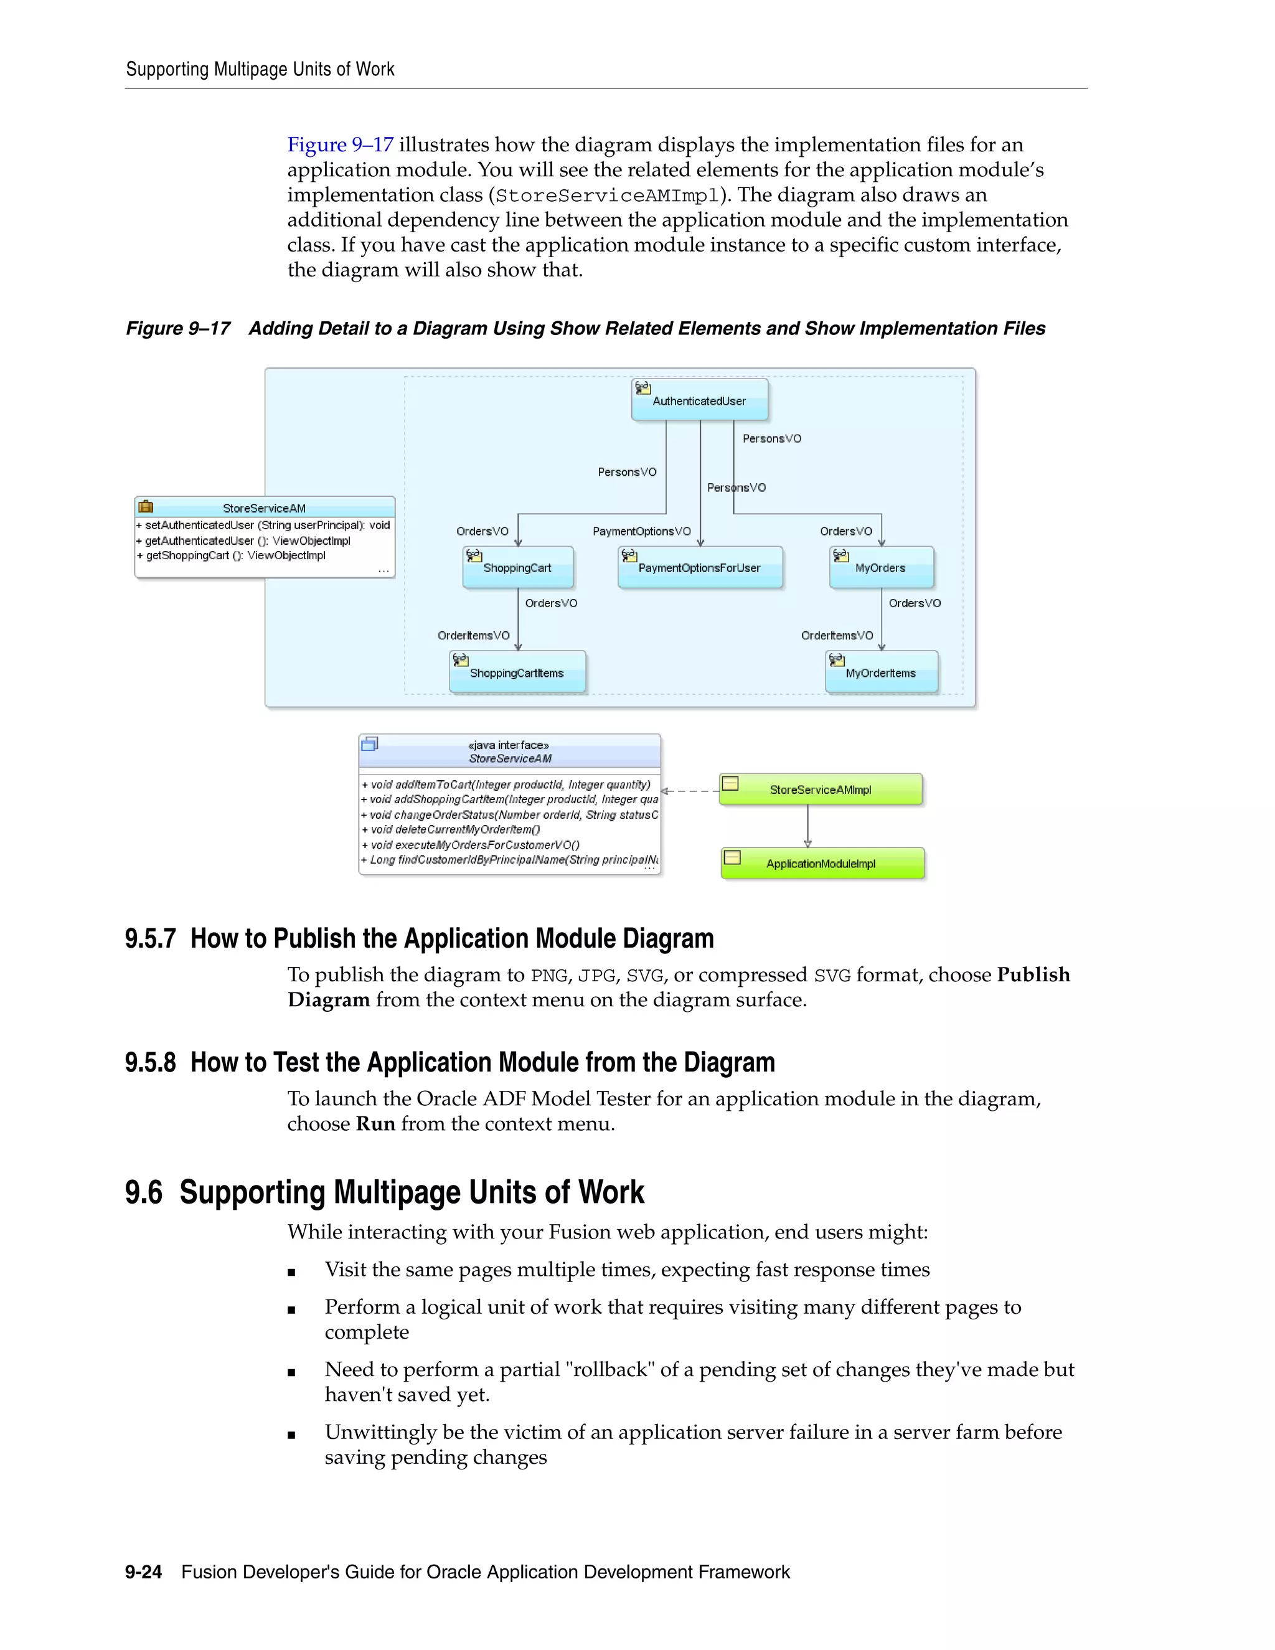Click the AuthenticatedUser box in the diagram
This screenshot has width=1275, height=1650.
point(699,400)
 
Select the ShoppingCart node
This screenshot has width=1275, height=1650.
point(517,567)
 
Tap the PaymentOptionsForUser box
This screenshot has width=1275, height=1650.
point(699,567)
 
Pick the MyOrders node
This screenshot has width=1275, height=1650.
point(881,567)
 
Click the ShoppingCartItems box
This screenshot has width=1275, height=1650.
point(517,672)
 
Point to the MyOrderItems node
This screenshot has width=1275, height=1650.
point(881,672)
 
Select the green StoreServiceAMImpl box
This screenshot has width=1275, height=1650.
point(821,790)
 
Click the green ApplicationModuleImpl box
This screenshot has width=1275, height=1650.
point(822,864)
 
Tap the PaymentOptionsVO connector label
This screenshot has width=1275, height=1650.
point(641,531)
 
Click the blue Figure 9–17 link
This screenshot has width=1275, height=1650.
point(340,144)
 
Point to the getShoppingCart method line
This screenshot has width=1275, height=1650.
point(236,555)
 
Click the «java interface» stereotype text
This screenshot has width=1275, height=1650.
point(509,745)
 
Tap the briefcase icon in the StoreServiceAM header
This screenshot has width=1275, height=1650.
point(146,507)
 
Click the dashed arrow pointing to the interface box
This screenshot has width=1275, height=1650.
point(690,791)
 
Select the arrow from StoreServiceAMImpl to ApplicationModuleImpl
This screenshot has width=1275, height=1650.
point(807,826)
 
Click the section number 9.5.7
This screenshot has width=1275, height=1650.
point(150,938)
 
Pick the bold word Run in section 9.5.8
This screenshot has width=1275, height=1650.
point(375,1123)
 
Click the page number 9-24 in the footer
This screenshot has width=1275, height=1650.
point(144,1572)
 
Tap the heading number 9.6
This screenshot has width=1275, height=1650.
point(144,1192)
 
